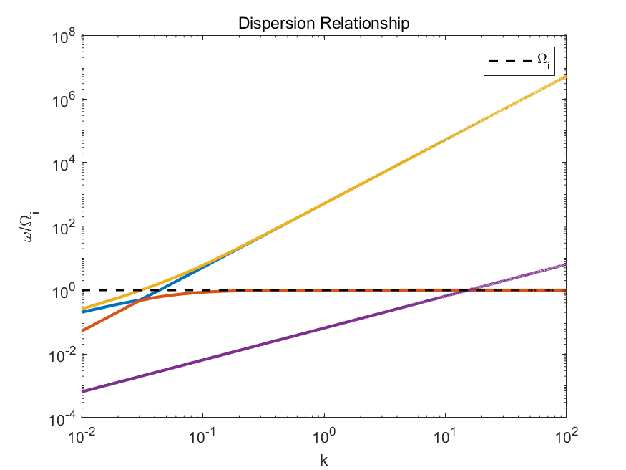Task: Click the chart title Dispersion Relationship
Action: pos(324,24)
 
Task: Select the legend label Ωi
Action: pos(544,63)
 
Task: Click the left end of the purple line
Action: pos(82,391)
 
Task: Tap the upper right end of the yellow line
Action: pos(565,77)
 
